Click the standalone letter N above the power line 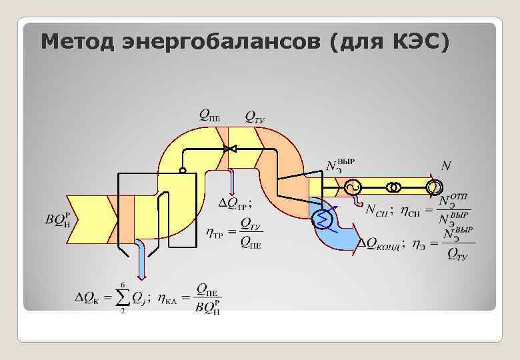coord(445,165)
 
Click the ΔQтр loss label coord(235,202)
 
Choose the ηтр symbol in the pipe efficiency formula coord(215,233)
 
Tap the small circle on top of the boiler coord(183,171)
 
